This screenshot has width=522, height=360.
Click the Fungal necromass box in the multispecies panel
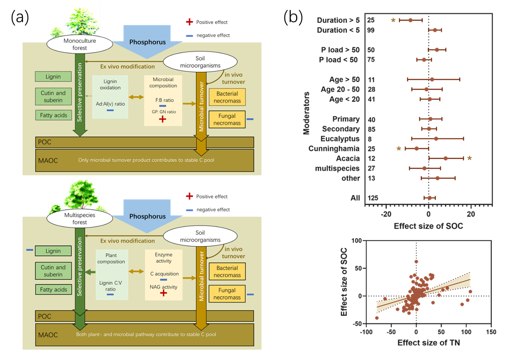227,294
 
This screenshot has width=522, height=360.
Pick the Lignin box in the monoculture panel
53,77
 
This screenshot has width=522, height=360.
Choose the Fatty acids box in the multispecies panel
53,290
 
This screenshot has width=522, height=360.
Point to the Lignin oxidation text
110,84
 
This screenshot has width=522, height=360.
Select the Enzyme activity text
163,258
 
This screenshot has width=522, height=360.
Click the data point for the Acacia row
446,158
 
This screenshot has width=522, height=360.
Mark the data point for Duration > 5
410,20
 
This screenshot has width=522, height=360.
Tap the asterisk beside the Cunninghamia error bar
399,148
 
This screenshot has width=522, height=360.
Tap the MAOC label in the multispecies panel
47,335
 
